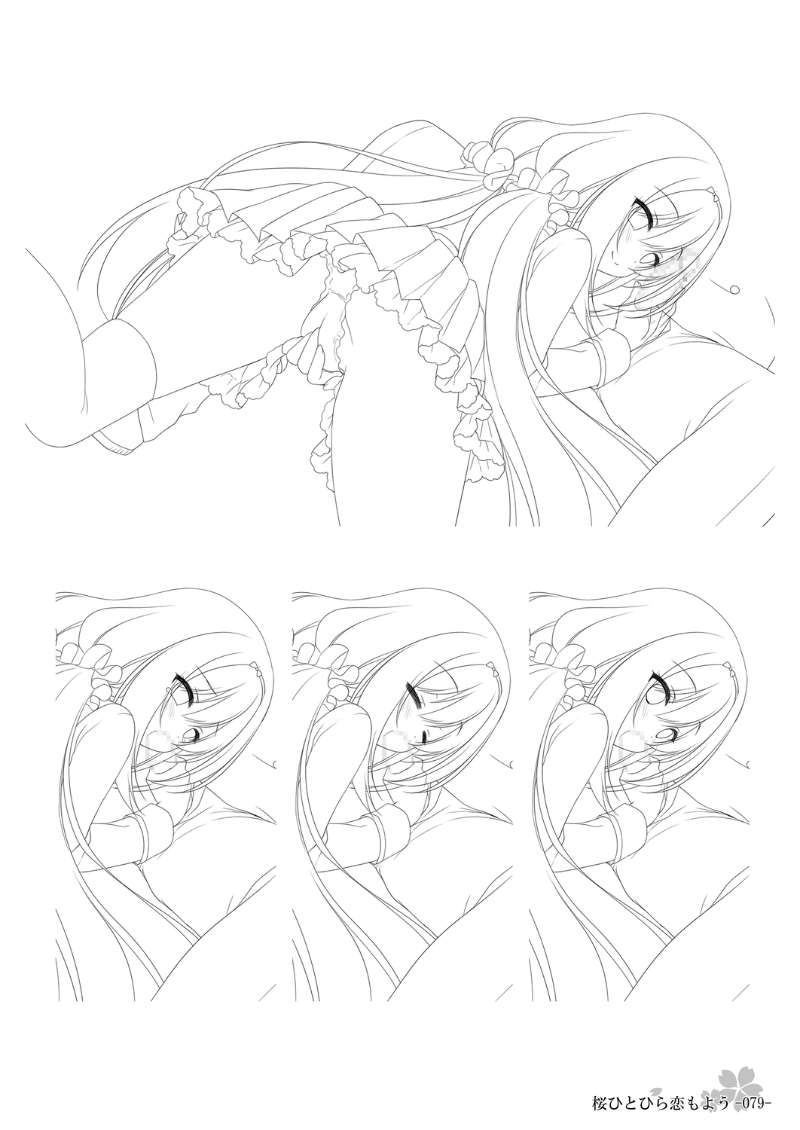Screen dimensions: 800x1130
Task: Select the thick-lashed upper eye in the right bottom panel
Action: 656,689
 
